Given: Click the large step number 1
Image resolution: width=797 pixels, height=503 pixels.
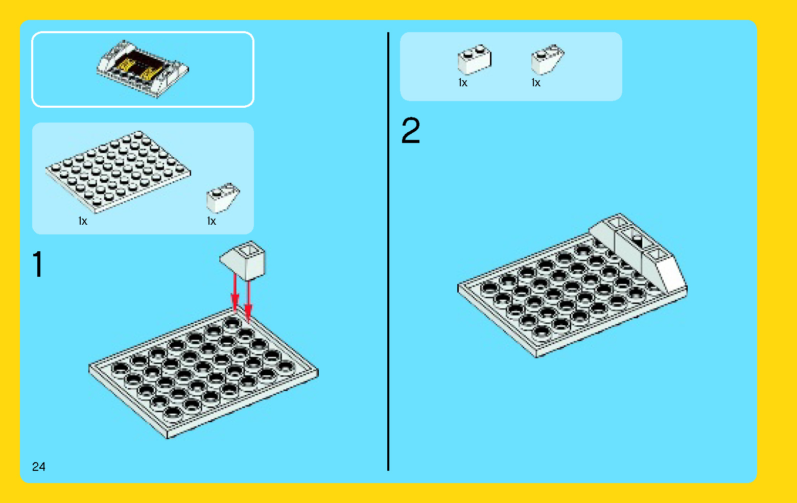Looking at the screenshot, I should pyautogui.click(x=37, y=265).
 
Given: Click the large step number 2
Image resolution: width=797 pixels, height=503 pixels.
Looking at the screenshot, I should pyautogui.click(x=410, y=131).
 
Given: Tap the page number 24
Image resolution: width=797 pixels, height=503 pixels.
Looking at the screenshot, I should pyautogui.click(x=38, y=466).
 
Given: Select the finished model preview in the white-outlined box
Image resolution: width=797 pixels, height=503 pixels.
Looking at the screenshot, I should pyautogui.click(x=143, y=69).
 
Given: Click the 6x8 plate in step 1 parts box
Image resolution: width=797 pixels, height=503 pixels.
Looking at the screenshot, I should pyautogui.click(x=118, y=172).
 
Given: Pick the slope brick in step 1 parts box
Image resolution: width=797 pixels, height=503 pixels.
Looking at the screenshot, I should pyautogui.click(x=222, y=198).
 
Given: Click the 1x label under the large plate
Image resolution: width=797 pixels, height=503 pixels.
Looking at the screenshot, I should pyautogui.click(x=83, y=221).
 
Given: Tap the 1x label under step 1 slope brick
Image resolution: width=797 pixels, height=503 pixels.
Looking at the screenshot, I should pyautogui.click(x=212, y=221).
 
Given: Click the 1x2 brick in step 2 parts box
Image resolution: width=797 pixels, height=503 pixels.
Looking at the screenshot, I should pyautogui.click(x=474, y=60).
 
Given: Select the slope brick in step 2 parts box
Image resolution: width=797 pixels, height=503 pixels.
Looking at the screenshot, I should pyautogui.click(x=547, y=60).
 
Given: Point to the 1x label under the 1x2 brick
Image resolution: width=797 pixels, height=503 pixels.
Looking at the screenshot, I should pyautogui.click(x=463, y=83).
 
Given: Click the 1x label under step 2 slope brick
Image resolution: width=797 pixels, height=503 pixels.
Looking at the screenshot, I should pyautogui.click(x=536, y=83).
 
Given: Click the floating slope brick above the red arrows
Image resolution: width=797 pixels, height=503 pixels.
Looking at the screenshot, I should pyautogui.click(x=244, y=260).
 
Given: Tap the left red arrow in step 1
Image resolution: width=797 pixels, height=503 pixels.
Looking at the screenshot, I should pyautogui.click(x=235, y=294).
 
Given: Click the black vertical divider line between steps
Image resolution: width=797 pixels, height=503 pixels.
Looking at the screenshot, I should pyautogui.click(x=388, y=255).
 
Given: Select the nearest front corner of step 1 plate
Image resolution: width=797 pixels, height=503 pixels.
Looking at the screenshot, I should pyautogui.click(x=169, y=437).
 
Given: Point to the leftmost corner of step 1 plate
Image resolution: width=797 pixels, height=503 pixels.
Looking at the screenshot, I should pyautogui.click(x=90, y=367).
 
